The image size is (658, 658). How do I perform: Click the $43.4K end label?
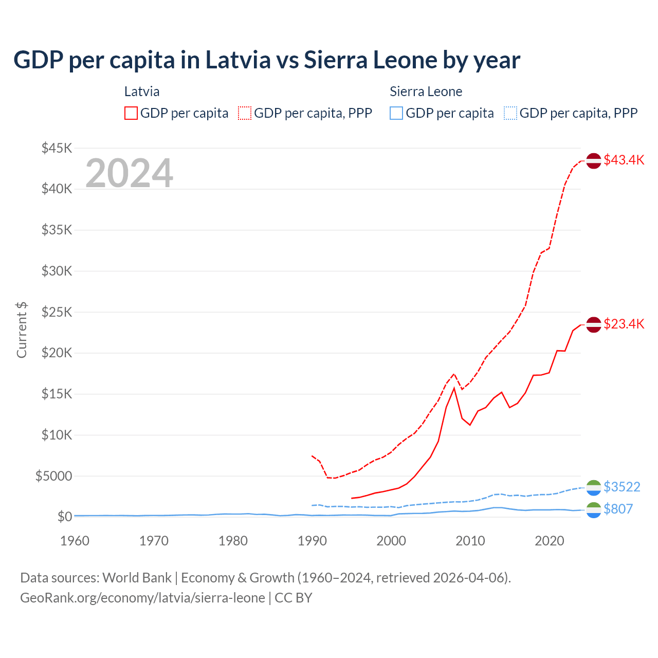pos(624,160)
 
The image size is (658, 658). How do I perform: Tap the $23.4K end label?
pos(624,324)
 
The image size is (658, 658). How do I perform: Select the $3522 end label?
pos(622,487)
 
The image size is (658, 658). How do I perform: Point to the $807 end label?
pos(618,509)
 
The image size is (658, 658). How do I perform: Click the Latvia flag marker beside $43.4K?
pos(594,161)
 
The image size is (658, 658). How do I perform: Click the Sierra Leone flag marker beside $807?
pos(594,510)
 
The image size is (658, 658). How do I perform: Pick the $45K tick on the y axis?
pos(57,149)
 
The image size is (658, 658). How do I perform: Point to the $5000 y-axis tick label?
pos(53,476)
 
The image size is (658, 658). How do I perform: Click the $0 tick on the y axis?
pos(64,517)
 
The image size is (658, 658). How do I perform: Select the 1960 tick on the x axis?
pos(75,541)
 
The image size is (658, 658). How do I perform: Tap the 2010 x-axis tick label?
pos(470,541)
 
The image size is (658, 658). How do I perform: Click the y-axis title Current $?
pos(22,330)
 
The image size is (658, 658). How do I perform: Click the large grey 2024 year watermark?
pos(129,173)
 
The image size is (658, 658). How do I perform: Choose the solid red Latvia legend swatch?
pos(131,113)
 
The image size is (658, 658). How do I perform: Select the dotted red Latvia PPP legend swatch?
pos(245,113)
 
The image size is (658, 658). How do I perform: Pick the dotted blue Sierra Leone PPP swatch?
pos(510,113)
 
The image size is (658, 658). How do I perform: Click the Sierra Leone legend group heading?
pos(426,92)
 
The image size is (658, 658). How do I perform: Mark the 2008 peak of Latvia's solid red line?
pos(454,388)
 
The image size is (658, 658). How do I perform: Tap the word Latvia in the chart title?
pos(237,60)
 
